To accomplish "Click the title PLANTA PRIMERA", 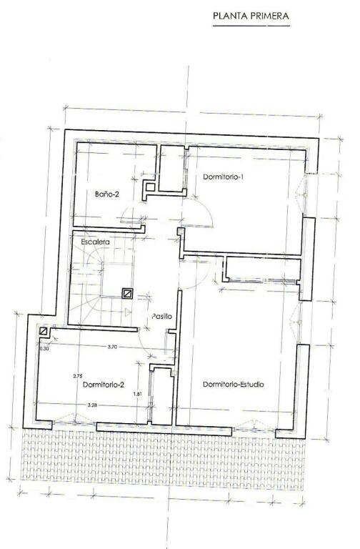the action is coord(251,16).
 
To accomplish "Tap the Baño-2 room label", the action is coord(107,194).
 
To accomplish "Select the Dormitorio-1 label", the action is coord(223,177).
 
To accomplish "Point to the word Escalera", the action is coord(95,242).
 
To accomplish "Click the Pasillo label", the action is coord(162,316).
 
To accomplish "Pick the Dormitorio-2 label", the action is coord(104,385).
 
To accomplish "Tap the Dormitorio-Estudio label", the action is coord(234,385).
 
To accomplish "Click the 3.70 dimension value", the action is coord(112,347).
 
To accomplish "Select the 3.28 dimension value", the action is coord(92,405).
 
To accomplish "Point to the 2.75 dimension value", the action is coord(77,376).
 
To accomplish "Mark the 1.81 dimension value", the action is coord(138,394).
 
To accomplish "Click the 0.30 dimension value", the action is coord(44,349).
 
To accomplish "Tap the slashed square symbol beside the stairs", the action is coord(127,293).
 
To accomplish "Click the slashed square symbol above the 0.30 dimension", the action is coord(44,331).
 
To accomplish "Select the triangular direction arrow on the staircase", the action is coord(127,311).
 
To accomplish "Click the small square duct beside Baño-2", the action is coord(150,187).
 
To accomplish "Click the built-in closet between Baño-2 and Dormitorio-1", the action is coord(171,169).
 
